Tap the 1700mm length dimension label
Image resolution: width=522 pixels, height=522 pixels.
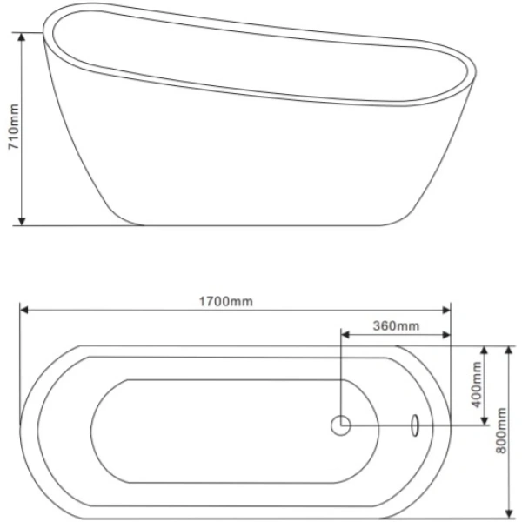point(226,302)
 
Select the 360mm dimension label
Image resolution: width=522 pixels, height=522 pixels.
point(396,326)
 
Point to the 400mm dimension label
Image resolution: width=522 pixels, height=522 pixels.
point(477,385)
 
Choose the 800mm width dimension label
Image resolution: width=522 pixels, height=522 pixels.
point(501,431)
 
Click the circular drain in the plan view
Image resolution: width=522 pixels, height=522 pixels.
point(341,425)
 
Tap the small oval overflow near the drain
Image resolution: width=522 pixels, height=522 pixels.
point(415,425)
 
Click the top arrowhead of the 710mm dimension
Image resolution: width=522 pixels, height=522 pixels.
point(22,37)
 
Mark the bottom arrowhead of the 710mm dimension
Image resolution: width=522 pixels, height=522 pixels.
point(22,221)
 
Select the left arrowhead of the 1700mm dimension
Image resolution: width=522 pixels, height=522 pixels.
point(24,311)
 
